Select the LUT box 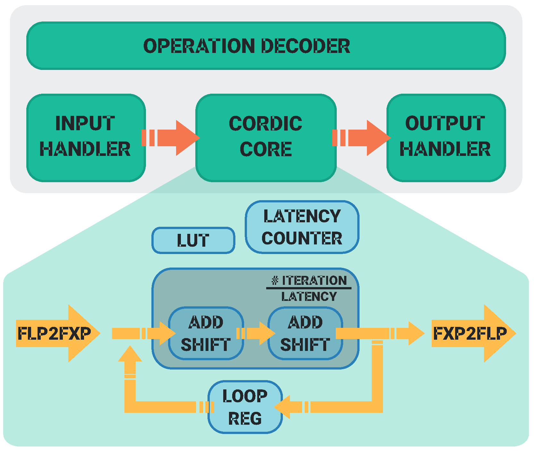(x=193, y=240)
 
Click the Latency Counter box (x=302, y=227)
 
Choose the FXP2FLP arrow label (x=470, y=333)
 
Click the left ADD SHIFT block (x=206, y=333)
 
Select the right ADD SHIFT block (x=305, y=333)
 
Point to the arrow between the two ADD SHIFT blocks (x=256, y=333)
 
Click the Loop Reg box (x=245, y=407)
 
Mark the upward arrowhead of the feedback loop (x=130, y=355)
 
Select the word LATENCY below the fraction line (x=309, y=297)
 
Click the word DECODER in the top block (x=306, y=46)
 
